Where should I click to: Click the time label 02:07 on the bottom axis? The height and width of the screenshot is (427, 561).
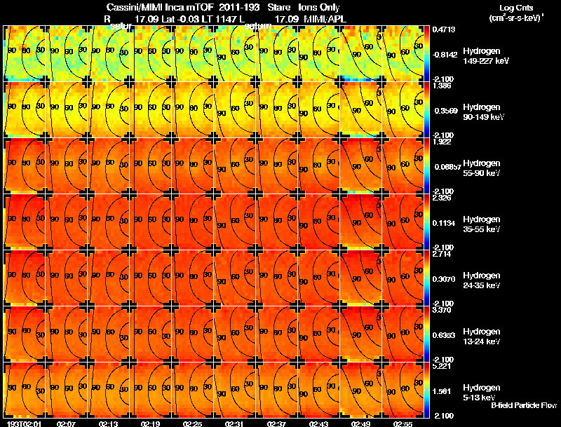(x=67, y=423)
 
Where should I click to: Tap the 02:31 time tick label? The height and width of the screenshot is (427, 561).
(x=235, y=423)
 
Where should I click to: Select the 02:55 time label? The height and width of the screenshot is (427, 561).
(x=403, y=423)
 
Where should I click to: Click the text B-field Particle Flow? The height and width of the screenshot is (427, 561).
(x=523, y=405)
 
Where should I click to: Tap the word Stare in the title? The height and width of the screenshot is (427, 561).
(x=279, y=6)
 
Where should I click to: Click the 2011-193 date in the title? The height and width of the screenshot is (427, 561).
(x=238, y=6)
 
